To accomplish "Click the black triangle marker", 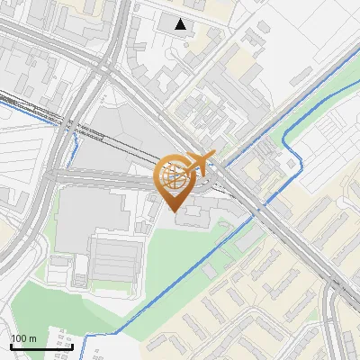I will click(182, 24).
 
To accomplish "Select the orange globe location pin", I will click(175, 180).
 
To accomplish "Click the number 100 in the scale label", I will click(20, 338).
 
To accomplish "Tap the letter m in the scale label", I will click(33, 338).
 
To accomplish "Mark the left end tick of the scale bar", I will click(11, 346).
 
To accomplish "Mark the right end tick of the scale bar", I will click(72, 346).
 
